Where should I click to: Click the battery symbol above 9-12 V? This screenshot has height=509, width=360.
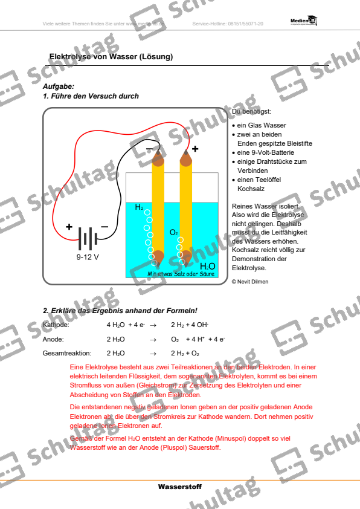point(87,238)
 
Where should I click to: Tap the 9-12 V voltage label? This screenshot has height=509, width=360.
point(88,256)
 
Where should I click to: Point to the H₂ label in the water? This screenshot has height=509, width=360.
point(140,207)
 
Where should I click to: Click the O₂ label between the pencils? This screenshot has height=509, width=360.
point(174,232)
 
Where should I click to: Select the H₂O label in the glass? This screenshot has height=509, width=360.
point(207,266)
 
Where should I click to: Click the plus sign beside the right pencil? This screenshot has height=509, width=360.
point(195,148)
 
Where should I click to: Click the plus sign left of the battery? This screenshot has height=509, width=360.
point(69,227)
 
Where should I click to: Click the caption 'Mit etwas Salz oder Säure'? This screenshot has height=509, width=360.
point(181,274)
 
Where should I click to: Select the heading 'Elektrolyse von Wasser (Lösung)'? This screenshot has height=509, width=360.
point(111,57)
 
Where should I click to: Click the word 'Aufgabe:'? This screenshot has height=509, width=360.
point(59,87)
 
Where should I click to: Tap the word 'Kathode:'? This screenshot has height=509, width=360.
point(56,325)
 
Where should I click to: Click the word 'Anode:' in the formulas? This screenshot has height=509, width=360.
point(54,339)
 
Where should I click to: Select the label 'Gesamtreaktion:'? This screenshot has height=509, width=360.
point(67,353)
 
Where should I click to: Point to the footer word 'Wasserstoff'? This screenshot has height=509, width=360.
point(180,487)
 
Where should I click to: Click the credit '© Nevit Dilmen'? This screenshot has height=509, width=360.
point(250,281)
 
